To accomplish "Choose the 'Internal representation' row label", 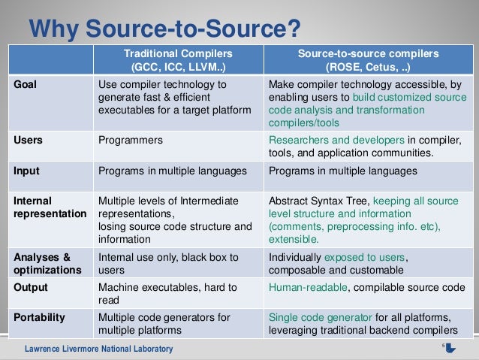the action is (x=50, y=207).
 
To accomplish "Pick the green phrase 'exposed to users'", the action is (x=372, y=256).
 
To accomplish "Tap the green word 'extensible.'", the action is (x=294, y=241).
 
